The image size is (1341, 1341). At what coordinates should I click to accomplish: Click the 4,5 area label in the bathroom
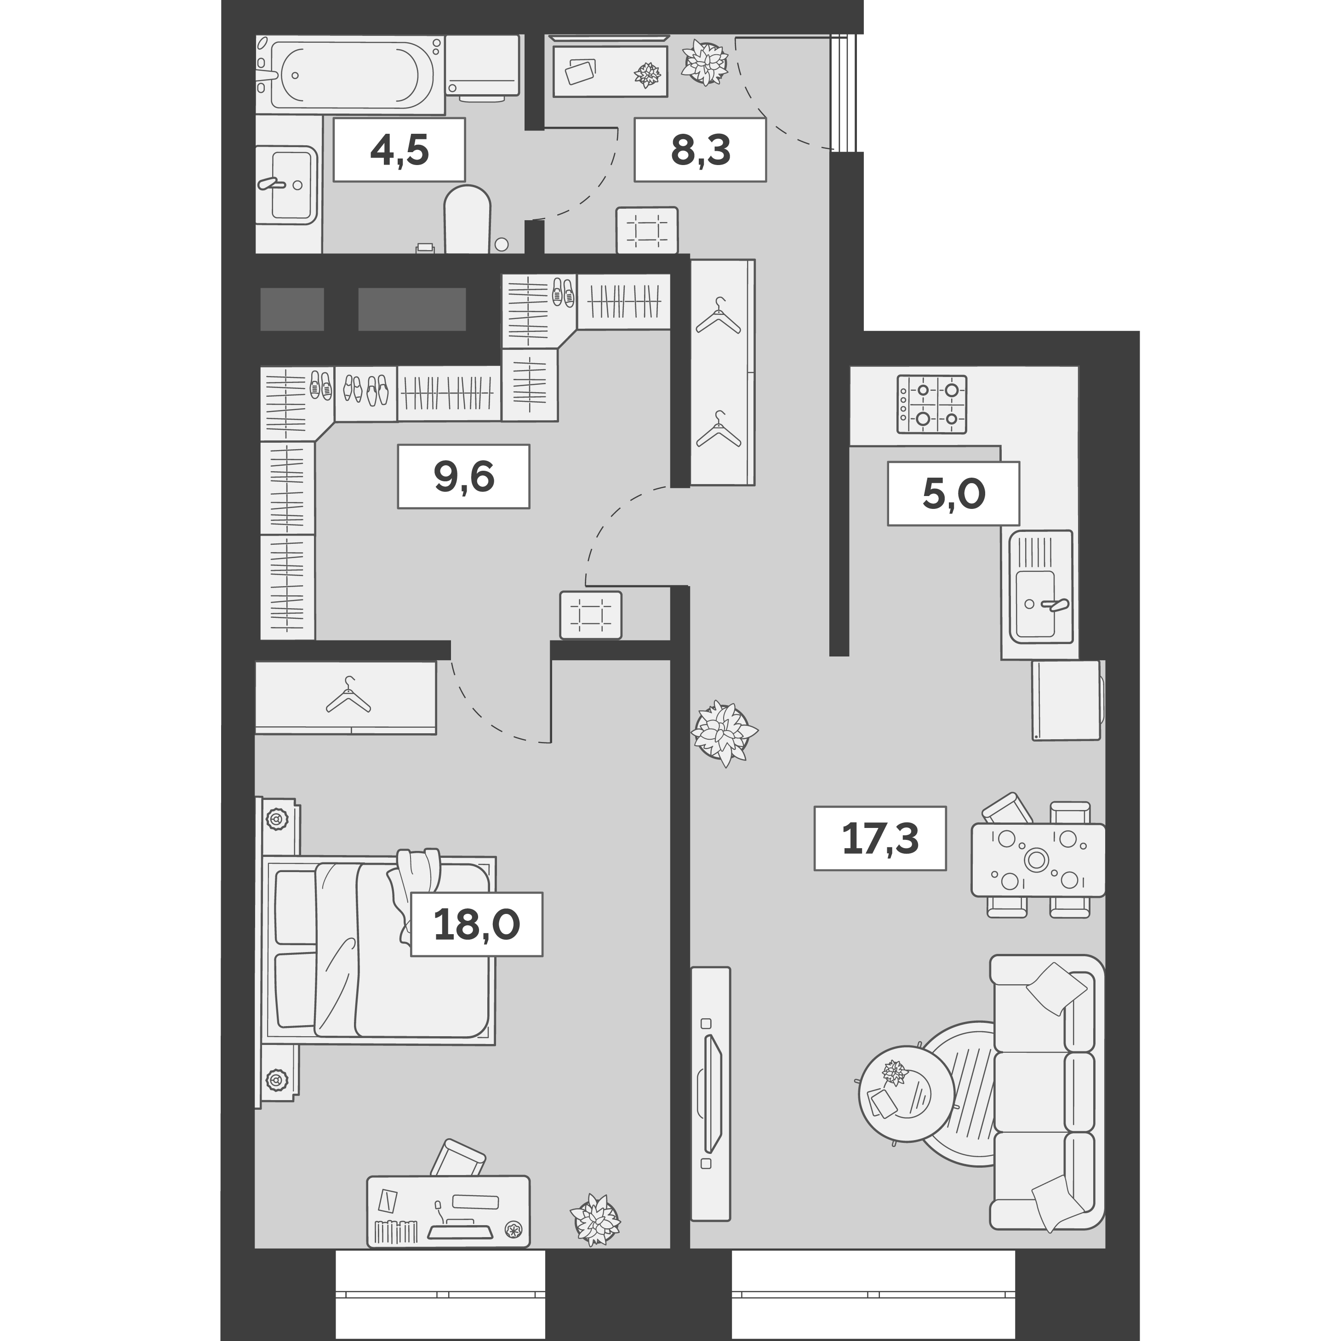399,150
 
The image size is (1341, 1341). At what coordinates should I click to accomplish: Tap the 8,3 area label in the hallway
700,150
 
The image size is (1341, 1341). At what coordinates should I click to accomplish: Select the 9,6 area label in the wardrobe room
463,476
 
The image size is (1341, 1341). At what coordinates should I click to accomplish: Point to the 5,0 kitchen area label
953,493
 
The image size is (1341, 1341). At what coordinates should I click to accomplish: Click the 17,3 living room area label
879,838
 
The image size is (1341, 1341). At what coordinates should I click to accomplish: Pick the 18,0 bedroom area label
476,924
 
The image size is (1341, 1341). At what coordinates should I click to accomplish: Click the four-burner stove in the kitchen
931,405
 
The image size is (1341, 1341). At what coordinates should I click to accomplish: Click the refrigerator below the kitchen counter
1066,700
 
